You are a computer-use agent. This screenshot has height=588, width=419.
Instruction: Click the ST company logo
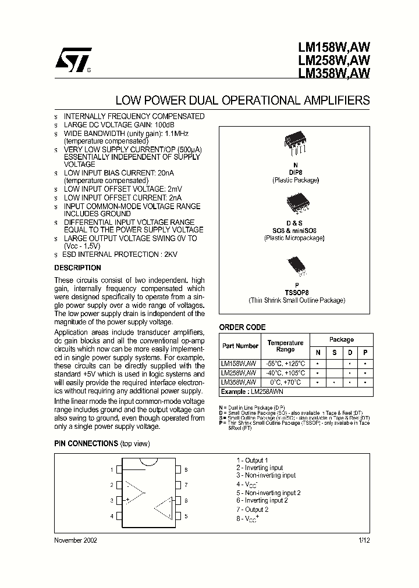pyautogui.click(x=74, y=60)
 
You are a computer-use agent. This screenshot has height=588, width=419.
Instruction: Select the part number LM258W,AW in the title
pyautogui.click(x=334, y=60)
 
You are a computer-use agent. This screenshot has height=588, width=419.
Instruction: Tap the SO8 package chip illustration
pyautogui.click(x=294, y=205)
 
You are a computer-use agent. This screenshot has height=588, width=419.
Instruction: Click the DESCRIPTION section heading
pyautogui.click(x=77, y=268)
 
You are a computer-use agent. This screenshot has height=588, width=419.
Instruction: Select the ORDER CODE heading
pyautogui.click(x=242, y=327)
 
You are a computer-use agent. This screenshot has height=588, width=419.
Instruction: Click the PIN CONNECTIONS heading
pyautogui.click(x=86, y=443)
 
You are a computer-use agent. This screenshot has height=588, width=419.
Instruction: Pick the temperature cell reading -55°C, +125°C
pyautogui.click(x=285, y=363)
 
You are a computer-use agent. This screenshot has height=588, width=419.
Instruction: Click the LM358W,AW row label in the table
pyautogui.click(x=239, y=382)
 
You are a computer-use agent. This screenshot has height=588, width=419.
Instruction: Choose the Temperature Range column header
pyautogui.click(x=285, y=346)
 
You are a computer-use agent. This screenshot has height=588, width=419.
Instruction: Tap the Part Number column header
pyautogui.click(x=239, y=346)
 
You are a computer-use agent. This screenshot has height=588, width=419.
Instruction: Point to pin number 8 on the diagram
pyautogui.click(x=186, y=469)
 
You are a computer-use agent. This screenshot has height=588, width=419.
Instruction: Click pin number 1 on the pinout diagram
pyautogui.click(x=111, y=469)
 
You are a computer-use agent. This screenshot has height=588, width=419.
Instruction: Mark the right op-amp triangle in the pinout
pyautogui.click(x=164, y=508)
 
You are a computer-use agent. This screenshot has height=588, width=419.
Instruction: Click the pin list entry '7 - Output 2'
pyautogui.click(x=252, y=509)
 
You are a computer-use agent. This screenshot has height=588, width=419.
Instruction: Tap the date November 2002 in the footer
pyautogui.click(x=76, y=540)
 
